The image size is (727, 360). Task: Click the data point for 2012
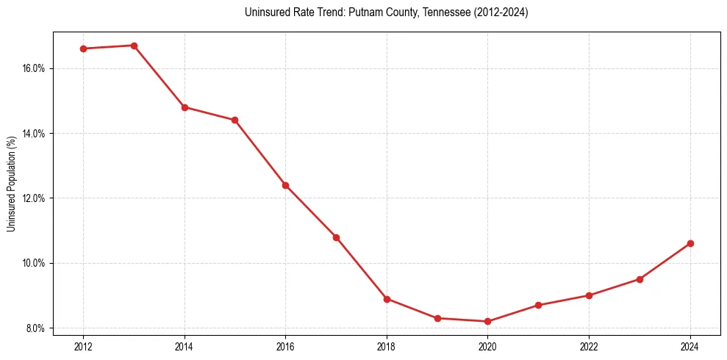click(83, 48)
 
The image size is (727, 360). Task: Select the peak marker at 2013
click(134, 46)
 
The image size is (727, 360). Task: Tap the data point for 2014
click(185, 107)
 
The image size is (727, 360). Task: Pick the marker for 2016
click(285, 185)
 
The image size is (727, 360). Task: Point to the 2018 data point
click(387, 299)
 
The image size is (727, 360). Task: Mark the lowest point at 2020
click(488, 321)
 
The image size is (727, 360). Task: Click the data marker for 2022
click(589, 295)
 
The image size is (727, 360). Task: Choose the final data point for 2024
click(690, 243)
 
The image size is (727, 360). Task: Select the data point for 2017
click(336, 237)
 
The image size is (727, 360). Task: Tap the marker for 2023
click(640, 279)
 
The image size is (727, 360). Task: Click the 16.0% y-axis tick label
click(35, 68)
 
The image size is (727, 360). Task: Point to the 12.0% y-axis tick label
click(35, 198)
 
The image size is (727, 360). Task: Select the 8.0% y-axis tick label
click(36, 328)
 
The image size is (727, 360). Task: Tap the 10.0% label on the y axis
click(35, 263)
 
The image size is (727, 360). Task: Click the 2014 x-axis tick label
click(185, 347)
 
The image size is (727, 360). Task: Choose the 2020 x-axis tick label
click(488, 347)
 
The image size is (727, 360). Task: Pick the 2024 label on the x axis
click(690, 347)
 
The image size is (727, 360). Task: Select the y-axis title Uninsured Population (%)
click(12, 184)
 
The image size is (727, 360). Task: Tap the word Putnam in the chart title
click(345, 12)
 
